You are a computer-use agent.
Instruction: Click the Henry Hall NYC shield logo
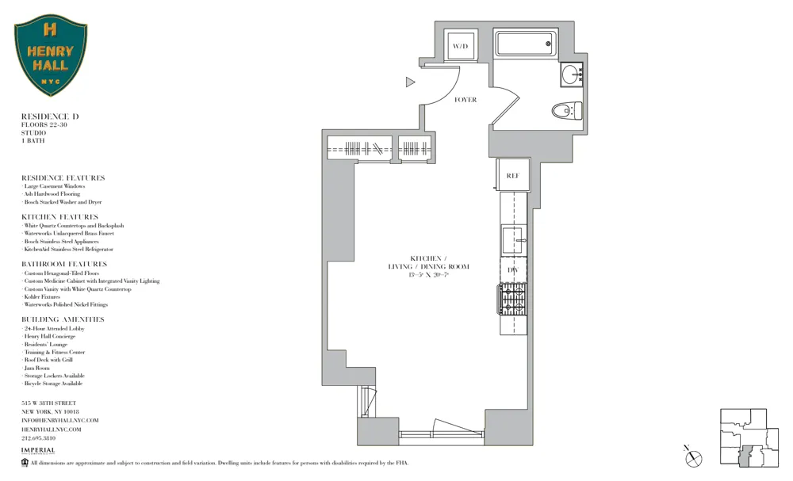pyautogui.click(x=51, y=55)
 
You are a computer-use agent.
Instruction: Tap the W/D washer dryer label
pyautogui.click(x=460, y=47)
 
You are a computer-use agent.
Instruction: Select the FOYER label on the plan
pyautogui.click(x=465, y=100)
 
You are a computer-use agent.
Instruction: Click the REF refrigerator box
pyautogui.click(x=512, y=175)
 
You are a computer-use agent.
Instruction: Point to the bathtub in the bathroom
pyautogui.click(x=525, y=44)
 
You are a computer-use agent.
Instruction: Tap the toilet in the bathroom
pyautogui.click(x=566, y=110)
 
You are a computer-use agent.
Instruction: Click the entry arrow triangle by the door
pyautogui.click(x=410, y=82)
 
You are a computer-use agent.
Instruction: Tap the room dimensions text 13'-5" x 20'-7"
pyautogui.click(x=428, y=275)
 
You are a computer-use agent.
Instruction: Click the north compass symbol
pyautogui.click(x=694, y=457)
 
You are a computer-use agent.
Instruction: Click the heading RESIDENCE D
pyautogui.click(x=50, y=116)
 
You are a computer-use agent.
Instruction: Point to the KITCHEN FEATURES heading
pyautogui.click(x=60, y=217)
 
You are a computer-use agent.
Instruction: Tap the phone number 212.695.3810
pyautogui.click(x=38, y=438)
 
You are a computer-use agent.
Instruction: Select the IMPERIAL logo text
pyautogui.click(x=38, y=450)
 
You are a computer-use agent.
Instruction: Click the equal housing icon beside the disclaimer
pyautogui.click(x=25, y=463)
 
